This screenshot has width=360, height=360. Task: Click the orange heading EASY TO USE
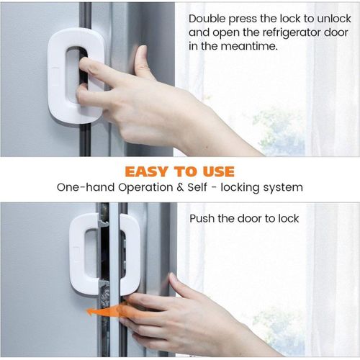(179, 171)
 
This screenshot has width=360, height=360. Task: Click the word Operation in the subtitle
(143, 187)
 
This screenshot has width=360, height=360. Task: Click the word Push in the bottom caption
(203, 218)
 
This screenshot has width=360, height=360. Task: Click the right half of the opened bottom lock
(129, 253)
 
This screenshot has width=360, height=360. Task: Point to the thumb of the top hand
(141, 58)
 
